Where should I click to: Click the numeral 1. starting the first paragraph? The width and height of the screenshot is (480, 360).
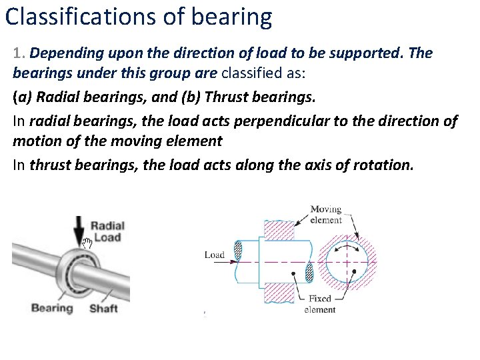19,53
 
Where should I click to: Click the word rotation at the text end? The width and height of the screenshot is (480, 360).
383,165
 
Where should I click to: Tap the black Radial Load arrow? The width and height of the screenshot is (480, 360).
80,231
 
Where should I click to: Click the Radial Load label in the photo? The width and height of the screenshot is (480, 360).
107,231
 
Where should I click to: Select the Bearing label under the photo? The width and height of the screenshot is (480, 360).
51,308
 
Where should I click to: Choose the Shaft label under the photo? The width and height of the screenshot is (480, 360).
103,308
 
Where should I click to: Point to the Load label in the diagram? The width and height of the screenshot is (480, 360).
214,255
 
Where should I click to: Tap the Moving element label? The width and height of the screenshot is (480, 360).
326,215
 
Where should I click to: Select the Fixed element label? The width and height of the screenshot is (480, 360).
321,304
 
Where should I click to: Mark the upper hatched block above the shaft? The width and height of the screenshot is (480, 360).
281,231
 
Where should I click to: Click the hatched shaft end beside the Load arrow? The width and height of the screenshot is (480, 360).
239,251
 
